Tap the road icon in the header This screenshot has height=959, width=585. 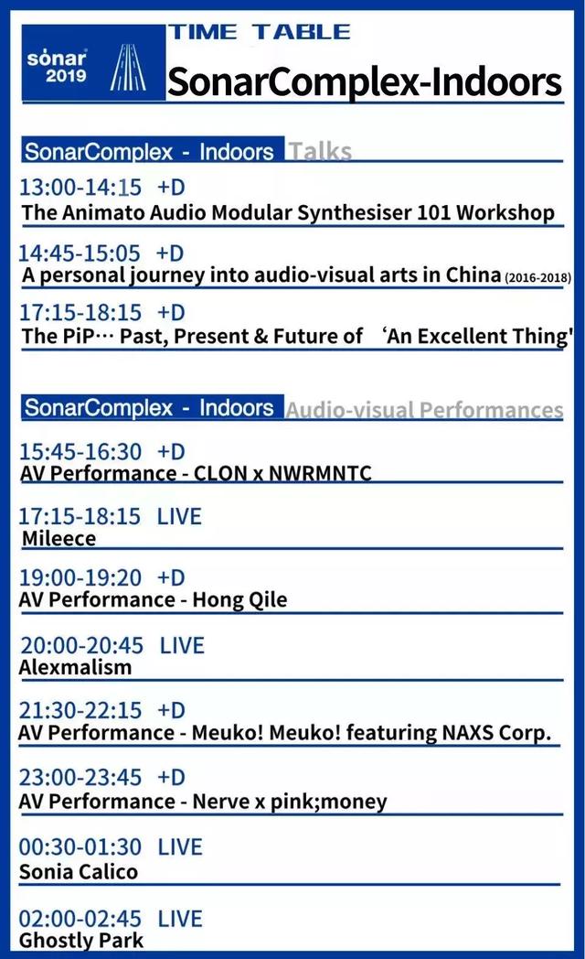[128, 68]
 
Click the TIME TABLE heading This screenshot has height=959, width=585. [260, 32]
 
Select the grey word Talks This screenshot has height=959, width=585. [320, 151]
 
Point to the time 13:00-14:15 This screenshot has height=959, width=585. [80, 188]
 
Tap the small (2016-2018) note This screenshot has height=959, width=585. [538, 277]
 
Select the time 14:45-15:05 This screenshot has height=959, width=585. [80, 253]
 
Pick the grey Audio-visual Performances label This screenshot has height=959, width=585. [424, 410]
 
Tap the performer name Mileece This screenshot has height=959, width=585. [59, 539]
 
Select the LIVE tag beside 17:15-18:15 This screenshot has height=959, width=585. [179, 517]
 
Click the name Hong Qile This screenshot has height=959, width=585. [240, 600]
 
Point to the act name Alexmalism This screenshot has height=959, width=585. [76, 667]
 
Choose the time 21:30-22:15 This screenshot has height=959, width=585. [80, 711]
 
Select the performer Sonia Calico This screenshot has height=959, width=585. [79, 871]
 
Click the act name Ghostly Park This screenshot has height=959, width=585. [81, 941]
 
